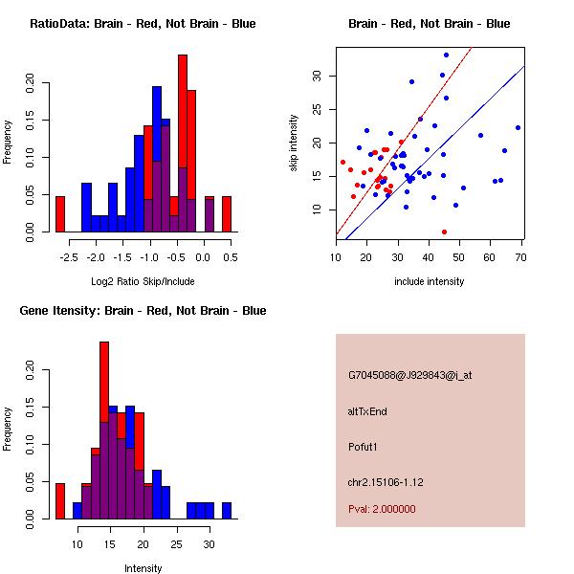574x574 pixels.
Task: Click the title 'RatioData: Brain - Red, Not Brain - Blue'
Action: (x=143, y=24)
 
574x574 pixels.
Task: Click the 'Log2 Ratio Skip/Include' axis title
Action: (x=143, y=281)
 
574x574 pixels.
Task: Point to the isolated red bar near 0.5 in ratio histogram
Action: (x=227, y=213)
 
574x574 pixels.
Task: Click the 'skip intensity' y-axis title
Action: (x=295, y=143)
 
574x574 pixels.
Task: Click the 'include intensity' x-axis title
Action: (x=429, y=281)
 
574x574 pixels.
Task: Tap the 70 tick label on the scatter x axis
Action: (x=520, y=257)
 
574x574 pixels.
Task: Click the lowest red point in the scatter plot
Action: (x=444, y=232)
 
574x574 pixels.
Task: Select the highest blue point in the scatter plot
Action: (x=446, y=55)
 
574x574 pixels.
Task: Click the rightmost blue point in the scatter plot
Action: (x=518, y=127)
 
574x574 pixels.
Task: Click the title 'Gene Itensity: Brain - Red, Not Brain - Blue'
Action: (x=143, y=311)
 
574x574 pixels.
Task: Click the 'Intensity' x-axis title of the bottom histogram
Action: (x=143, y=568)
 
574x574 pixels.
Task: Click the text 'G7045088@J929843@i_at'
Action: (x=409, y=375)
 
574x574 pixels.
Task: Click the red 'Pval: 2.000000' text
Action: (x=388, y=510)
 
